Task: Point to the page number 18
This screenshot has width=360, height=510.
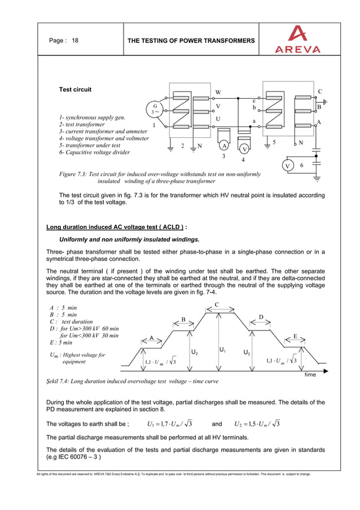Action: click(75, 41)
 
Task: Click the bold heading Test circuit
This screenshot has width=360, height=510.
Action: click(75, 89)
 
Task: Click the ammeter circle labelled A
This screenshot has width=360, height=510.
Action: click(224, 145)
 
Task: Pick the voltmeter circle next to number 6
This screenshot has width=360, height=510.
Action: click(288, 165)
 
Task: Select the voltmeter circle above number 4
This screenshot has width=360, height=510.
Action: click(244, 149)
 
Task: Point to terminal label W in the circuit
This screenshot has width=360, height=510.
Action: click(218, 93)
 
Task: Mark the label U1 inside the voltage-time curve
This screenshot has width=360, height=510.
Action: click(223, 350)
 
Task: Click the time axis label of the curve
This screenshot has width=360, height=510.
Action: click(310, 374)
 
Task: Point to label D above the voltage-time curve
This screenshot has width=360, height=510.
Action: click(261, 317)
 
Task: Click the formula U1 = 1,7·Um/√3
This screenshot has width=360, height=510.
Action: click(170, 424)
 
